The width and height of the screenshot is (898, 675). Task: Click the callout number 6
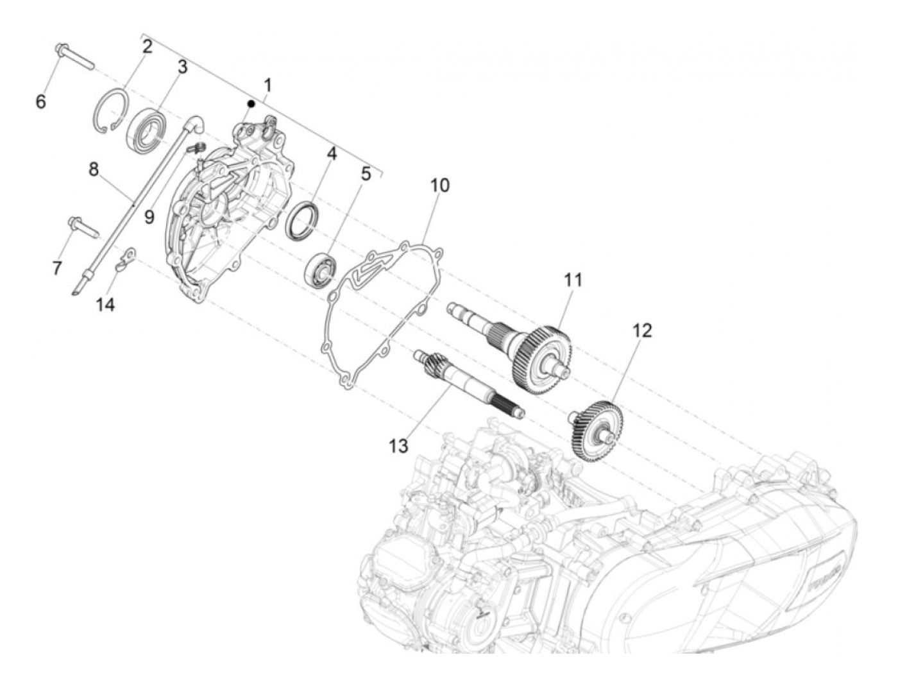(40, 101)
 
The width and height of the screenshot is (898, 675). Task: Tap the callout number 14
(105, 305)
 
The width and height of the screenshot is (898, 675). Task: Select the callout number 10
(439, 185)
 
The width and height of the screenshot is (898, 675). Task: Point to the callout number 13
(398, 445)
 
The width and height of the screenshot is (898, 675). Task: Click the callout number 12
(641, 330)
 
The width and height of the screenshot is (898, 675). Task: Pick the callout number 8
(94, 169)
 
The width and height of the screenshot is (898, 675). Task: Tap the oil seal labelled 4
(301, 220)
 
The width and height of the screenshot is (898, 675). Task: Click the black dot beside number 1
(251, 103)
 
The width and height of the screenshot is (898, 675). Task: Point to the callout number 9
(149, 217)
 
